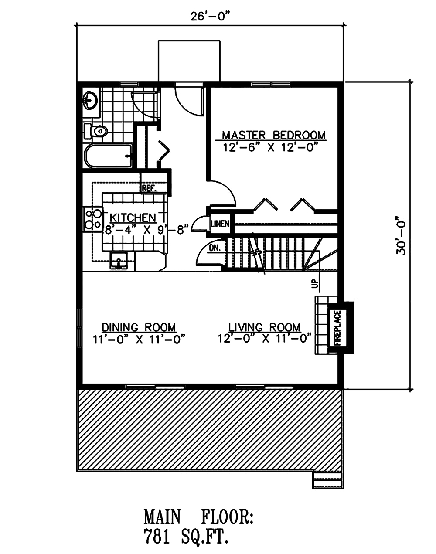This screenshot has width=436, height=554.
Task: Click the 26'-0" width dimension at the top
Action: click(x=209, y=17)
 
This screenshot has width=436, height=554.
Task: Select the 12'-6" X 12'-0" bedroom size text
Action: click(x=269, y=147)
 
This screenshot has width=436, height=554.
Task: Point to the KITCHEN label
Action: click(x=132, y=218)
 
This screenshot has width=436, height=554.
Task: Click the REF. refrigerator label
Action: click(x=148, y=188)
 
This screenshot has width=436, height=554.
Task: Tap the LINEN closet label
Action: click(x=220, y=224)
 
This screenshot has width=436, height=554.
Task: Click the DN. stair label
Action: click(x=215, y=248)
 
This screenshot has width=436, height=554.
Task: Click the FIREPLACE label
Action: click(x=337, y=328)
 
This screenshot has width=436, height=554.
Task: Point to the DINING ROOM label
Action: click(x=139, y=327)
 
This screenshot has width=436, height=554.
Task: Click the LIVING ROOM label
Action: click(x=265, y=327)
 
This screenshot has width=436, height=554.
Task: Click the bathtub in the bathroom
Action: click(x=109, y=156)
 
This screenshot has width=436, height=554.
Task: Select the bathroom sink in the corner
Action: click(x=90, y=100)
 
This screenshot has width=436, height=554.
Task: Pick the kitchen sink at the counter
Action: click(x=119, y=259)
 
